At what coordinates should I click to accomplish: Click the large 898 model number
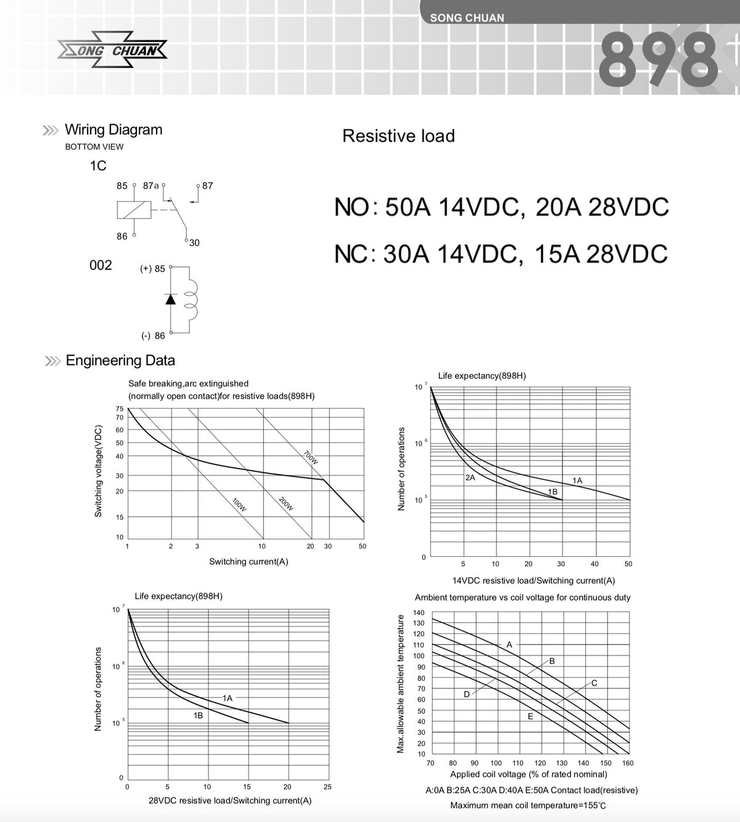click(659, 60)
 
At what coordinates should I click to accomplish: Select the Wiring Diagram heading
click(113, 129)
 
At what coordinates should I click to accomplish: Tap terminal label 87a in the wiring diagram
click(150, 186)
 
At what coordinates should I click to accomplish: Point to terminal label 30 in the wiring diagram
click(194, 243)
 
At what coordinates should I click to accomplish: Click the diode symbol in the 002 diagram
click(171, 299)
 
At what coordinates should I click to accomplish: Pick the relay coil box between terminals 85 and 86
click(134, 210)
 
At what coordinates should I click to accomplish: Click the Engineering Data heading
click(120, 360)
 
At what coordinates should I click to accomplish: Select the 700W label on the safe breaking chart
click(311, 457)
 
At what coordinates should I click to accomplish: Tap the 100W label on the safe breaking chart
click(239, 504)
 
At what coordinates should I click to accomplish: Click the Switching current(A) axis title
click(249, 562)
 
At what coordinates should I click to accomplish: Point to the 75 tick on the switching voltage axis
click(120, 408)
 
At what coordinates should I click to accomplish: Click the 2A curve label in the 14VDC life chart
click(470, 477)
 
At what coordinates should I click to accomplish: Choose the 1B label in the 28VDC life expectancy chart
click(198, 716)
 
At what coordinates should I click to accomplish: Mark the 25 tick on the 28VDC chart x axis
click(327, 787)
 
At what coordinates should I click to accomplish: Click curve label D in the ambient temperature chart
click(466, 694)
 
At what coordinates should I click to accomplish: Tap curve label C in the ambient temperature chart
click(594, 683)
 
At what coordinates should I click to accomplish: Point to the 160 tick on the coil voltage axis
click(628, 763)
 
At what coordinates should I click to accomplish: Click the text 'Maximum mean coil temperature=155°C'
click(528, 805)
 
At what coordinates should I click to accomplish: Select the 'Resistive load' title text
click(398, 136)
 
